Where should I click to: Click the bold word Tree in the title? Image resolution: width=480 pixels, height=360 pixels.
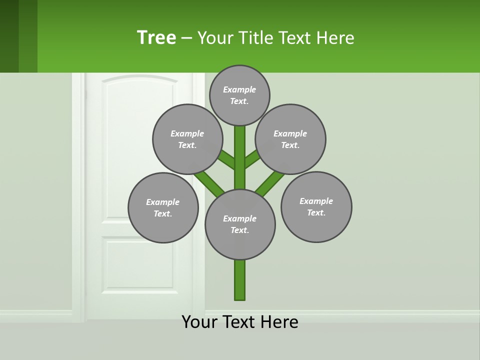coord(156,37)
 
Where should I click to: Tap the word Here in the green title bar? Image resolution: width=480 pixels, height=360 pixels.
coord(336,38)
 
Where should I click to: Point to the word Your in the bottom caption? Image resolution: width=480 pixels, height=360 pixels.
coord(199,322)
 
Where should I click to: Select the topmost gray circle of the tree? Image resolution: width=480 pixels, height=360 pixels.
coord(239,95)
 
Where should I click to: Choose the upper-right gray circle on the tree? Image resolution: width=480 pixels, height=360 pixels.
coord(290,139)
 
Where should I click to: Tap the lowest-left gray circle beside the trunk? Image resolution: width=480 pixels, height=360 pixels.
coord(163,207)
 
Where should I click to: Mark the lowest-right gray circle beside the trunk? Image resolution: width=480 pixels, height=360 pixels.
coord(316,206)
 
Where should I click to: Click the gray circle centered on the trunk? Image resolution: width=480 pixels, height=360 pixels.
coord(240,224)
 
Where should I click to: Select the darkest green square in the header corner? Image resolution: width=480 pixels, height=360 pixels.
coord(9,36)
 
